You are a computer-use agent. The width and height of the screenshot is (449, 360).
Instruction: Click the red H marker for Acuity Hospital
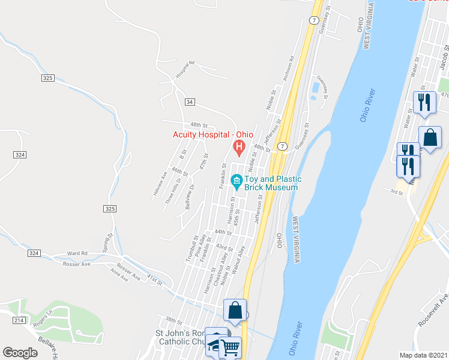coord(240,146)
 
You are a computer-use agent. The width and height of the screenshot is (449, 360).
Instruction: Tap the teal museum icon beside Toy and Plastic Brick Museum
coord(237,181)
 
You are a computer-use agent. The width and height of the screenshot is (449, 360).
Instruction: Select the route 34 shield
coord(190,103)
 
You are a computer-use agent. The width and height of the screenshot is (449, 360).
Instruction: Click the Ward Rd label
coord(77,253)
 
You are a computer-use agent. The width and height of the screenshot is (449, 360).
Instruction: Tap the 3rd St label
coord(396,192)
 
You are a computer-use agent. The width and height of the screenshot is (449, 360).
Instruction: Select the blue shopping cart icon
coord(231,347)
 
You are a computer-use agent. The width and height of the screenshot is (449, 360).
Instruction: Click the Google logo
coord(20,352)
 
